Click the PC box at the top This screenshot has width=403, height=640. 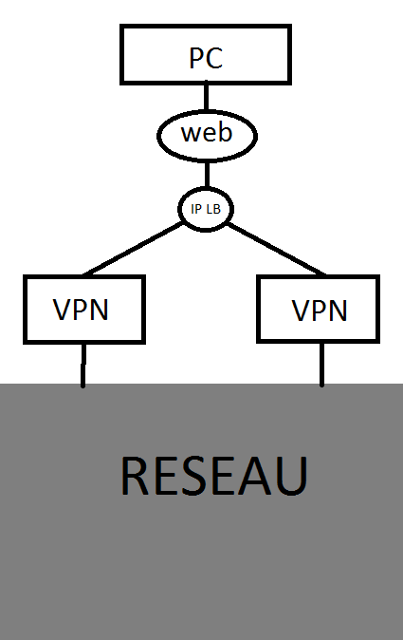point(206,53)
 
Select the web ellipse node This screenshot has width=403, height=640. point(207,133)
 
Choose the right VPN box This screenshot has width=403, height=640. point(320,309)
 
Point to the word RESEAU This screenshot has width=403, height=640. point(214,476)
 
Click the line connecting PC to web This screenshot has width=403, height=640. point(206,96)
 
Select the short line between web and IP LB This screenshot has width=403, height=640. point(206,174)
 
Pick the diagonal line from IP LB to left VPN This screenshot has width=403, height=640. point(134,250)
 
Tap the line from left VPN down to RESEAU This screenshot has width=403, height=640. point(83,364)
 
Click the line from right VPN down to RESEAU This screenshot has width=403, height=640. point(321,364)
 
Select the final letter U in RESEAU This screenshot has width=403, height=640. point(290,476)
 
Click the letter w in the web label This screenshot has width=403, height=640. point(191,134)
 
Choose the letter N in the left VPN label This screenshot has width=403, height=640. point(101,311)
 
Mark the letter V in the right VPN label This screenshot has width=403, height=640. point(301,311)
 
